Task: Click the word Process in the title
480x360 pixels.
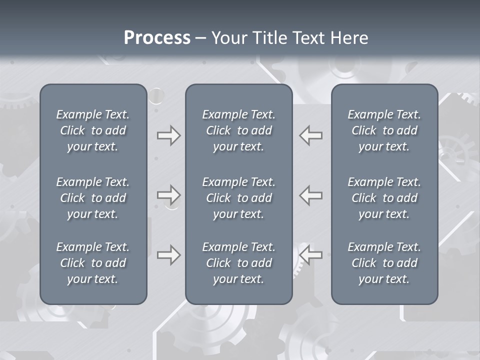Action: (x=157, y=38)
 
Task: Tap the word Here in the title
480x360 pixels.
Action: (x=348, y=38)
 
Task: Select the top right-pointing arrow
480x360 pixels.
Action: (x=168, y=135)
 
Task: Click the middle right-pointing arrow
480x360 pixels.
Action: (x=168, y=195)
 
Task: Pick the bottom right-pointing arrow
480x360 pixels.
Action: (x=168, y=255)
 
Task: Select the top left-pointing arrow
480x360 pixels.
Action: (x=311, y=135)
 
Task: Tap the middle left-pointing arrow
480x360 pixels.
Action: (x=311, y=195)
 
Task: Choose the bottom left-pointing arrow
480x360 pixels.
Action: (x=311, y=255)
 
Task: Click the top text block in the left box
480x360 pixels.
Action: (x=93, y=130)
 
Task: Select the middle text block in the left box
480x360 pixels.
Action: (x=93, y=198)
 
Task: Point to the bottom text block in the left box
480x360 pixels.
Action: (x=93, y=263)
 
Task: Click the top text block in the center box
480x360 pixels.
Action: (x=238, y=130)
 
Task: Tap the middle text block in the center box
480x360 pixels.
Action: (x=238, y=198)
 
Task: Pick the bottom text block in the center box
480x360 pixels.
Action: (x=238, y=263)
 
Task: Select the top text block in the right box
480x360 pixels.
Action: (x=384, y=130)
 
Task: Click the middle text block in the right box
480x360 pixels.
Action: (x=384, y=198)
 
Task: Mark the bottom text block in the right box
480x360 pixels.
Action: (x=384, y=263)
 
